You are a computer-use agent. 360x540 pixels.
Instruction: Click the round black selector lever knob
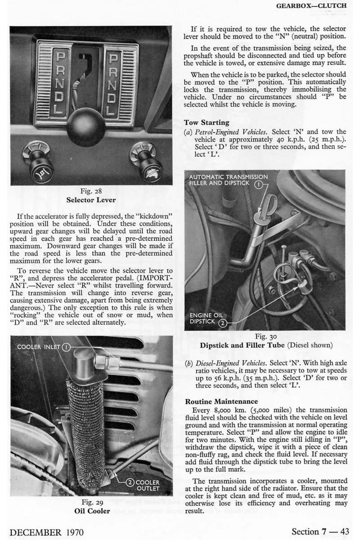pyautogui.click(x=84, y=123)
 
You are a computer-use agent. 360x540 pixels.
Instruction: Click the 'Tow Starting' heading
pyautogui.click(x=207, y=122)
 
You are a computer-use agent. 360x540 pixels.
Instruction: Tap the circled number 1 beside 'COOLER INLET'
pyautogui.click(x=66, y=346)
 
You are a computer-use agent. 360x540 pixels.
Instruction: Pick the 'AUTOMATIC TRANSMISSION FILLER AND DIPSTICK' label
pyautogui.click(x=229, y=180)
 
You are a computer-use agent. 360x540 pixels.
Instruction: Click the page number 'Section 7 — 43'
pyautogui.click(x=320, y=531)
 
